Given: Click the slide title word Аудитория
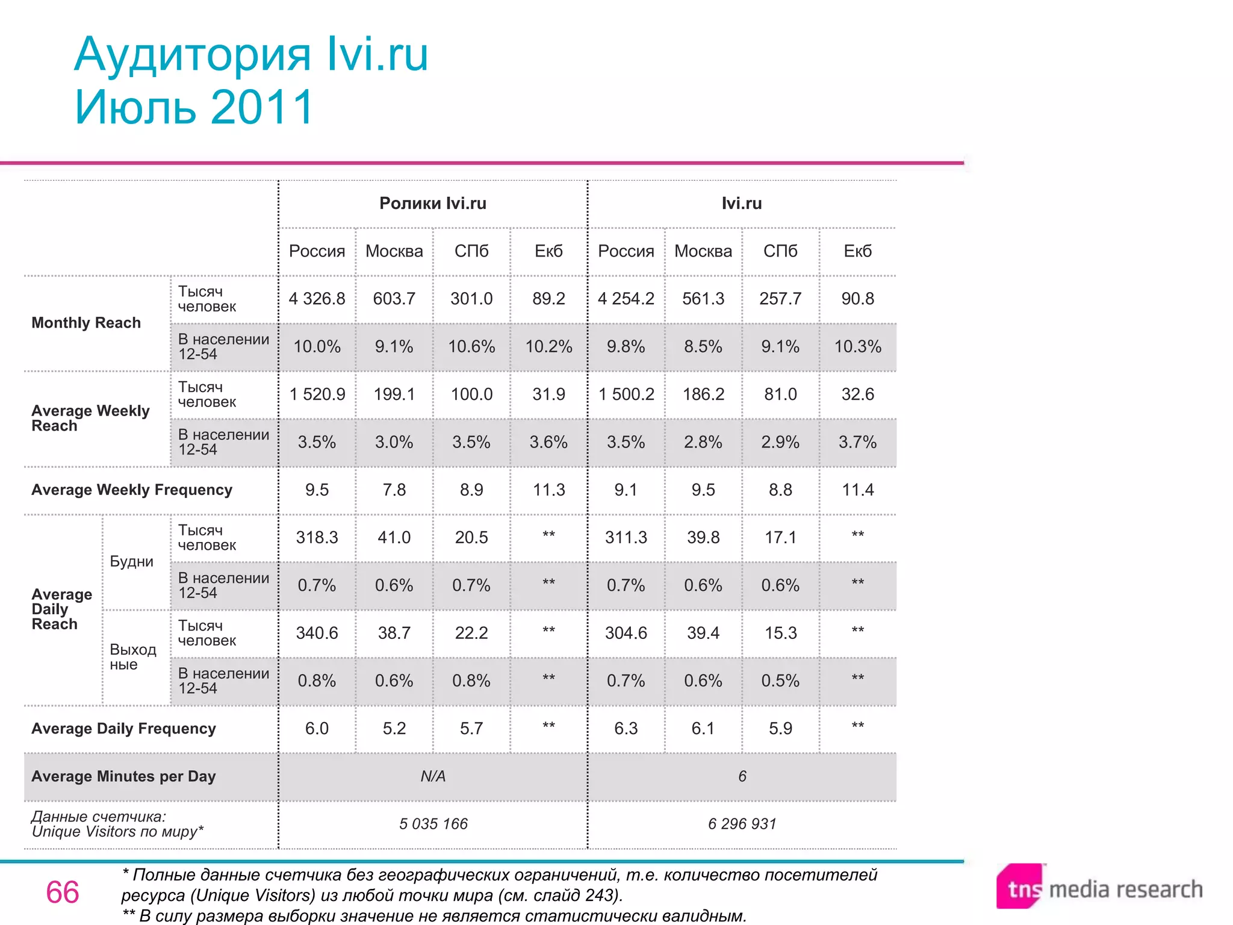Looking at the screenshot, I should tap(193, 55).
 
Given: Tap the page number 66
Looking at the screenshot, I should tap(63, 892).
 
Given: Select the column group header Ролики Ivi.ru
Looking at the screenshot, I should tap(432, 204).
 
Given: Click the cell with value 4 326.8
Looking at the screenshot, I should tap(317, 299).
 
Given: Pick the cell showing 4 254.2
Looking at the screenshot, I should tap(626, 299).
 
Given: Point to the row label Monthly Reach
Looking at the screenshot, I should tap(86, 323).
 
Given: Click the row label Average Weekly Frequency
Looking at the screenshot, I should tap(132, 490).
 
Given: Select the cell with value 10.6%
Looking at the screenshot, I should tap(471, 347).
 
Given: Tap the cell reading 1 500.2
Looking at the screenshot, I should tap(626, 394).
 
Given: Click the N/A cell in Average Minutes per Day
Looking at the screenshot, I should tap(433, 776).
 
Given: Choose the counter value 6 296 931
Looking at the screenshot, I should tap(742, 824).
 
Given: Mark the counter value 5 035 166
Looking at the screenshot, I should tap(433, 824).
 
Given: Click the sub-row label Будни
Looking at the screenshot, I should tap(132, 562).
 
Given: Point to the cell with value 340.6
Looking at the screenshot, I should tap(317, 633).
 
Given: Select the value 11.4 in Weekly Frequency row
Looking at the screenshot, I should tap(857, 490).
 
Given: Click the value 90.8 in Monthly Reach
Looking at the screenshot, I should tap(857, 299).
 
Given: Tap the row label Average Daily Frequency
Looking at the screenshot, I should tap(123, 729).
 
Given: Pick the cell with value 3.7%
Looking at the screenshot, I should tap(857, 442).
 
